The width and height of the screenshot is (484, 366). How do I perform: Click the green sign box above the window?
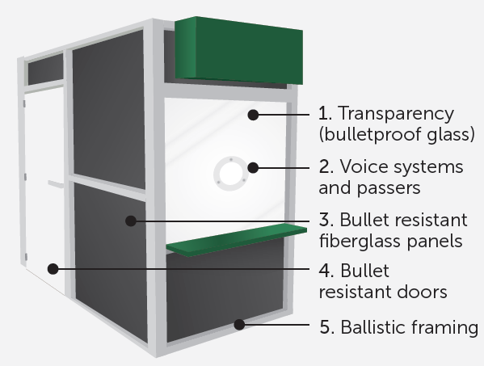point(239,51)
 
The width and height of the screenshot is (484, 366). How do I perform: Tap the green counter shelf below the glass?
point(237,241)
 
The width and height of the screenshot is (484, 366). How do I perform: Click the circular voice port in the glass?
point(230,174)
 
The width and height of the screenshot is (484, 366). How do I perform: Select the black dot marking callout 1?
point(253,115)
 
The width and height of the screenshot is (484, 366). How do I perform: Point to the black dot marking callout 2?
point(253,168)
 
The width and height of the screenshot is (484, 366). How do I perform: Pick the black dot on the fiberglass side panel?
point(131,221)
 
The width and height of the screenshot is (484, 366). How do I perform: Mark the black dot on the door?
point(53,269)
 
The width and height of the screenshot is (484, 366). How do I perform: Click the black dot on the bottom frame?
point(239,325)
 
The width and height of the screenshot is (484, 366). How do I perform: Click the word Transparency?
point(397,114)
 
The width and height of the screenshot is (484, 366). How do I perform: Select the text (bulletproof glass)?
point(397,134)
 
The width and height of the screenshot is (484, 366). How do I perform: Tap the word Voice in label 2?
point(359,166)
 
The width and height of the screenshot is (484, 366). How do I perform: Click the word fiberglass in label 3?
point(360,241)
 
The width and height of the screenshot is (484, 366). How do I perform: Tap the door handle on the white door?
point(56,184)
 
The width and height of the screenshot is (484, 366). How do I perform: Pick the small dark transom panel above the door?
point(46,69)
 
